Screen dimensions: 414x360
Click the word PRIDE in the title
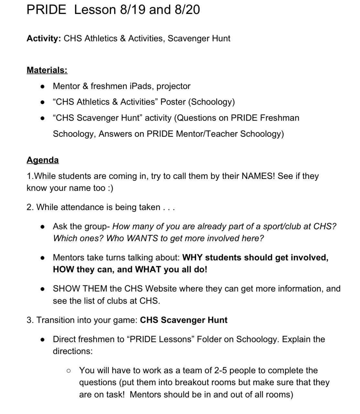click(46, 10)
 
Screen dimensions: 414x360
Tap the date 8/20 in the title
click(187, 10)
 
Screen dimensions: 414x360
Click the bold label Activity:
click(44, 38)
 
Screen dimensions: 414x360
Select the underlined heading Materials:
click(47, 70)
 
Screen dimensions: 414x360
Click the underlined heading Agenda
click(43, 160)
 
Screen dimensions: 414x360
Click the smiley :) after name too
click(110, 188)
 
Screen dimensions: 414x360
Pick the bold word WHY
click(193, 258)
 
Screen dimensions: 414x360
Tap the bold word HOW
click(63, 270)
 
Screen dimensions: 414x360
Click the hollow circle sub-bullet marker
click(69, 371)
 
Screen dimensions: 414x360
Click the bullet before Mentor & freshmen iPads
click(42, 86)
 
